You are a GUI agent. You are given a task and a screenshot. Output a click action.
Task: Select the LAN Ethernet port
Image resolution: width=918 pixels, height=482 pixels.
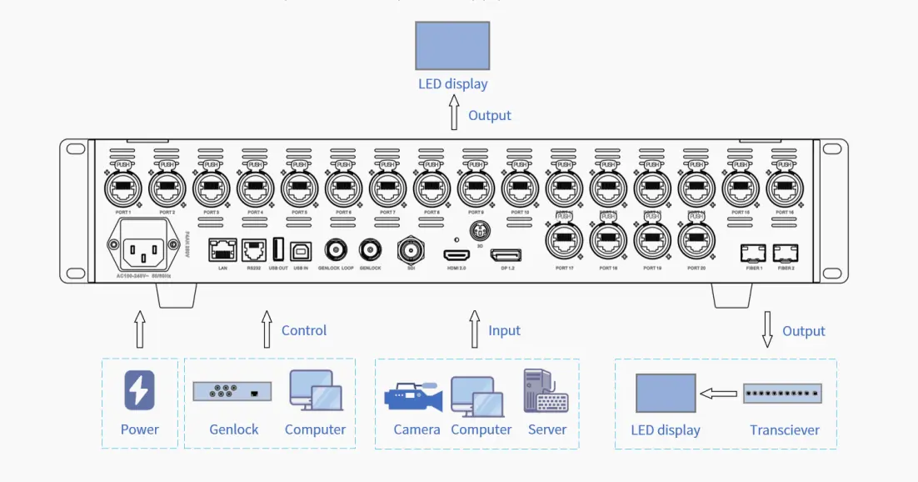222,249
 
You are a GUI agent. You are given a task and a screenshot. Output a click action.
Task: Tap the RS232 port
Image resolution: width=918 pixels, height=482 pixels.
254,249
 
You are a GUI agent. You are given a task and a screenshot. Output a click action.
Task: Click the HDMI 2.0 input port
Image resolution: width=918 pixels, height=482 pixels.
456,255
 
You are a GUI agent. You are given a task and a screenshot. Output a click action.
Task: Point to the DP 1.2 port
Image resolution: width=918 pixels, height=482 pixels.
506,255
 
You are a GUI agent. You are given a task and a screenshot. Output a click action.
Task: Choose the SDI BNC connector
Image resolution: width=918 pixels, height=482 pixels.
412,249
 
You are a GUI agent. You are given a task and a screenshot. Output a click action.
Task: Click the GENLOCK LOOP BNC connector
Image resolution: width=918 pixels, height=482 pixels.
337,249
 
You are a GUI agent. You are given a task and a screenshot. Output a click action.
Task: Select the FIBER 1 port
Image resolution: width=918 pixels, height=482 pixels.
753,251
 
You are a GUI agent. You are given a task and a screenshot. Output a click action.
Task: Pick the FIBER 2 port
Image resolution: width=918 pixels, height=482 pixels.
785,251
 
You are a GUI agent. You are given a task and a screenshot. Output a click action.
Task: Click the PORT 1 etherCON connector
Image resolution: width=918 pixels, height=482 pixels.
122,188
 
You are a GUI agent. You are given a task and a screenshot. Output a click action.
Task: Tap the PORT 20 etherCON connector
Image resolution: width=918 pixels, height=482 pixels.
696,242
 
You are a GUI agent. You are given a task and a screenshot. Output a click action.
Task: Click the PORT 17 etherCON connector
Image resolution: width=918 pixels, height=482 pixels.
564,242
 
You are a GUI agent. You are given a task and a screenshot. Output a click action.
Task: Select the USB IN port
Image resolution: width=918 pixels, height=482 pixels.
301,249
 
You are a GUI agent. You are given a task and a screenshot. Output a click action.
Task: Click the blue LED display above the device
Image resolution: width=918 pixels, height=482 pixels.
452,45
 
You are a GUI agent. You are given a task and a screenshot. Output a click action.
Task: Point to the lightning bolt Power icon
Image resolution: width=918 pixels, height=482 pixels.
139,390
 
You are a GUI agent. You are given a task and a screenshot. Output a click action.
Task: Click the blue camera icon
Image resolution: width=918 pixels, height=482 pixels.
412,397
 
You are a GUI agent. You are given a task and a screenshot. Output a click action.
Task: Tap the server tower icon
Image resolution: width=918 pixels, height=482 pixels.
545,390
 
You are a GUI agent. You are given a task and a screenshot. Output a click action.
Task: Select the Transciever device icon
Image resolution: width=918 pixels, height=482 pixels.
782,394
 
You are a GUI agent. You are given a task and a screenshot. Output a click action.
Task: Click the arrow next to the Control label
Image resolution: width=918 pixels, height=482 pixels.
267,329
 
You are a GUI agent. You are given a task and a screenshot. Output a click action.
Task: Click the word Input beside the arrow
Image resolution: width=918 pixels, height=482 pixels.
504,330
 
